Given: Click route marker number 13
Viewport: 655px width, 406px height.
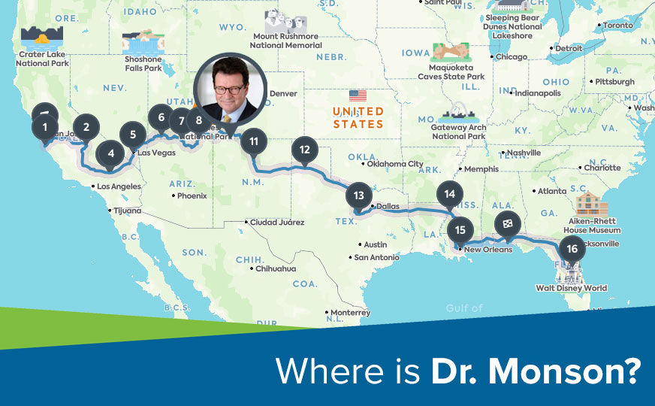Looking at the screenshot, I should click(358, 195).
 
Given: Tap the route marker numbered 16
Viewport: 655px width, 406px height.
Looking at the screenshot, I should click(572, 249).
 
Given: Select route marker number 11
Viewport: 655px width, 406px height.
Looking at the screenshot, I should click(254, 141).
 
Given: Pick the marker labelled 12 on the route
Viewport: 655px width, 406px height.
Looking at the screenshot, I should click(304, 150).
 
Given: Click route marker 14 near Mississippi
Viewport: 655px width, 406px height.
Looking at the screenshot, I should click(449, 194).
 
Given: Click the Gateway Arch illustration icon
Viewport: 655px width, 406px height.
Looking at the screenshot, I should click(459, 112).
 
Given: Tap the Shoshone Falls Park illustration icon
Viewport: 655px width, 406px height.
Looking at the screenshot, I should click(143, 42).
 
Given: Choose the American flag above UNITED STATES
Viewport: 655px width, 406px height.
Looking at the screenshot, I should click(358, 95).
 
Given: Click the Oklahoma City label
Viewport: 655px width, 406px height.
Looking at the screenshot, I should click(394, 164).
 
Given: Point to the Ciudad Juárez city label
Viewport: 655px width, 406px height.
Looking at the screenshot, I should click(277, 222).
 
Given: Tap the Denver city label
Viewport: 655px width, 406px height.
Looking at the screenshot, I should click(282, 94).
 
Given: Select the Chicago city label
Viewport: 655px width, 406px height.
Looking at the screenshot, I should click(511, 57).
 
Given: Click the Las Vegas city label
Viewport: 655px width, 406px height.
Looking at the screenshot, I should click(156, 153).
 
